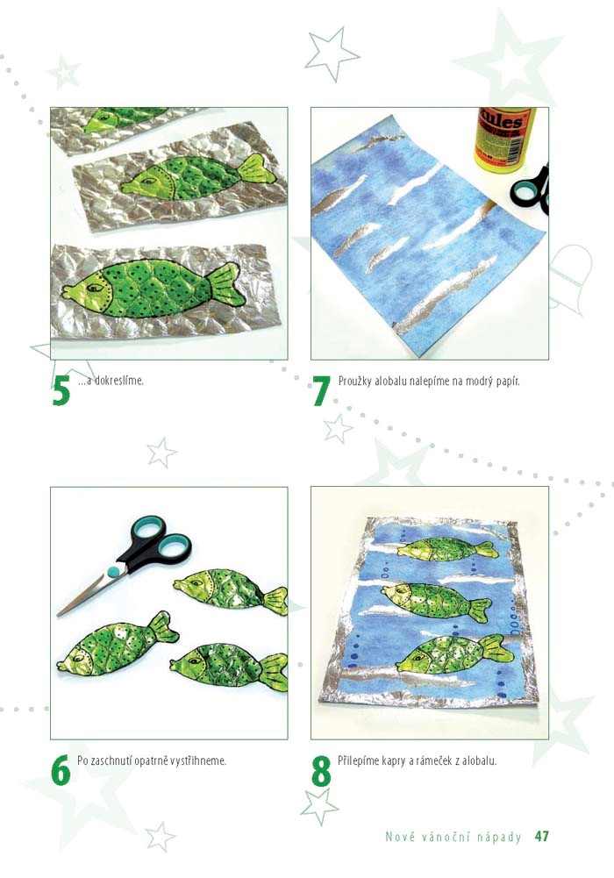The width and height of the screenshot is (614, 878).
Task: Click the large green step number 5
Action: coord(61,390)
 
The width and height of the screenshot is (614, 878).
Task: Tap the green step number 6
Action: coord(61,770)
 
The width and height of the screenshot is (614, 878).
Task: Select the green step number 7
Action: coord(321,390)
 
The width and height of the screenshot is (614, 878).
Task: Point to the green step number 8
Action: coord(321,771)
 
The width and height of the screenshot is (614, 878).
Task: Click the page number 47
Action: coord(542,836)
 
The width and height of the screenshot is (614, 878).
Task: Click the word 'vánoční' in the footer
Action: coord(442,837)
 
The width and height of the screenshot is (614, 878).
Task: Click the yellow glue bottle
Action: coord(503,137)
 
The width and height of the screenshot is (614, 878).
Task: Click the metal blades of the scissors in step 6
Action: coord(87,593)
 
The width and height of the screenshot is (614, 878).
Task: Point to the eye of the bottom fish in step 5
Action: coord(94,287)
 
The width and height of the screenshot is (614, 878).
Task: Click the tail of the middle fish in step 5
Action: coord(258,171)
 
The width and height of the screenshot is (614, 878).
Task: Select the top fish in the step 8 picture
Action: coord(447,549)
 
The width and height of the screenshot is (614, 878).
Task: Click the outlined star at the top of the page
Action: coord(332,54)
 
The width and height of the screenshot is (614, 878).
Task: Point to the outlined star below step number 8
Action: coord(319,806)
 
